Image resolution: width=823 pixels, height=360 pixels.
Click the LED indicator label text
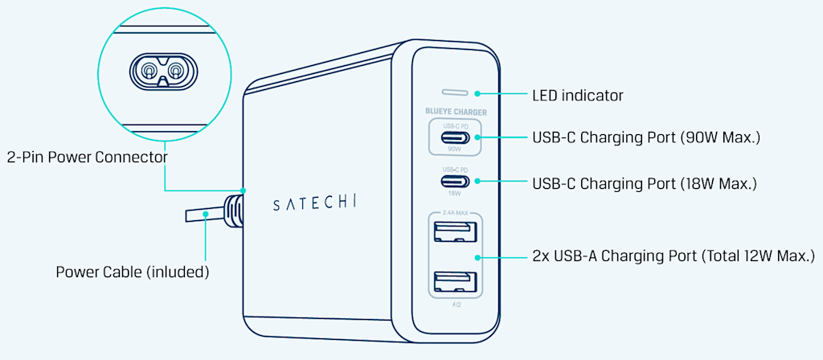(x=577, y=96)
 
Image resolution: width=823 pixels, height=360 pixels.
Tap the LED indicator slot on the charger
(x=455, y=92)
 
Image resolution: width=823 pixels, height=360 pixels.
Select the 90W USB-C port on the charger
(x=455, y=137)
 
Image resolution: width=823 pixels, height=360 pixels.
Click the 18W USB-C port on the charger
(x=455, y=182)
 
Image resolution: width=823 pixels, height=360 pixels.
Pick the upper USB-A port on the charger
(x=454, y=232)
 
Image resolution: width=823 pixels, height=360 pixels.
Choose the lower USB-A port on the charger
(x=454, y=282)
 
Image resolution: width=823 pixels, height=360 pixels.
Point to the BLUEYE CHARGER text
(x=455, y=112)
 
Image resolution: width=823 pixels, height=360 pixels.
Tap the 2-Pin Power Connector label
(x=86, y=157)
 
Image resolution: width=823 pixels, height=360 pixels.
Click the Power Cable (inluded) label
(x=133, y=272)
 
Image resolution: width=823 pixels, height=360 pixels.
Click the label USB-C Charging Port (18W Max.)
(x=645, y=184)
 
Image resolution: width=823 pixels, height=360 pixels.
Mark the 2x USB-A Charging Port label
(x=674, y=256)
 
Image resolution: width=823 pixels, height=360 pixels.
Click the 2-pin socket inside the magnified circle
(x=163, y=74)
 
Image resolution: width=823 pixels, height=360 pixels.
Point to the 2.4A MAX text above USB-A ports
(x=454, y=213)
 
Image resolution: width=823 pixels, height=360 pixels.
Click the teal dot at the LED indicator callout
(x=477, y=93)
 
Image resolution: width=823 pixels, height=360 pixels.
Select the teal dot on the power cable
(x=207, y=214)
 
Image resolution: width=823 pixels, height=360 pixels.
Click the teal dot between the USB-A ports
(x=477, y=257)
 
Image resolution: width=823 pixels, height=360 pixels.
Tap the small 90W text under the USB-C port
(x=455, y=149)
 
